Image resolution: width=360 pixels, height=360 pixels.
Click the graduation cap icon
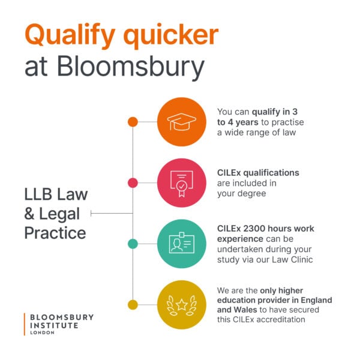tap(182, 122)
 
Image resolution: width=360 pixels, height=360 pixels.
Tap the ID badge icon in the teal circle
tap(182, 244)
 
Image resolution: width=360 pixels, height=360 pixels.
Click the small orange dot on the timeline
tap(133, 122)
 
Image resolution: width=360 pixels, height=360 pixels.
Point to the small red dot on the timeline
tap(133, 182)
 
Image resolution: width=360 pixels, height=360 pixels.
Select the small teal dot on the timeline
tap(133, 244)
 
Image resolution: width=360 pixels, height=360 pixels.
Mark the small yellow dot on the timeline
tap(133, 304)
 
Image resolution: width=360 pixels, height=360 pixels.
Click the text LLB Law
tap(56, 194)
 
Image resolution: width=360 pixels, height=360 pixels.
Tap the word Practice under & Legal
tap(55, 232)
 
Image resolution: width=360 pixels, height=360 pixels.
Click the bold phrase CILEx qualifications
tap(257, 173)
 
